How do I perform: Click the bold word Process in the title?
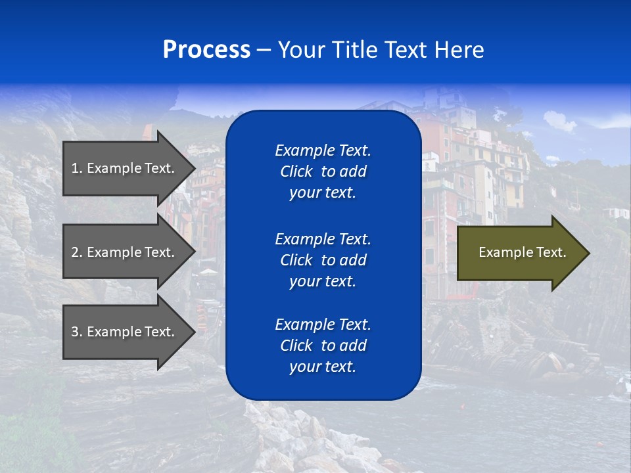(x=206, y=50)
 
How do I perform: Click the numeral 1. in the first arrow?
(x=77, y=168)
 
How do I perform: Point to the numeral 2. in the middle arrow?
(x=77, y=252)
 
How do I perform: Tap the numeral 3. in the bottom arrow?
(x=77, y=332)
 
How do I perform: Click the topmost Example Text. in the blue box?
(x=323, y=150)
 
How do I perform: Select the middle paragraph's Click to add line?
(x=323, y=260)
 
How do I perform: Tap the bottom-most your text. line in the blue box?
(x=323, y=367)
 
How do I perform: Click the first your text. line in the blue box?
(x=323, y=192)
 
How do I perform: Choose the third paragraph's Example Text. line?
(x=323, y=325)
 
